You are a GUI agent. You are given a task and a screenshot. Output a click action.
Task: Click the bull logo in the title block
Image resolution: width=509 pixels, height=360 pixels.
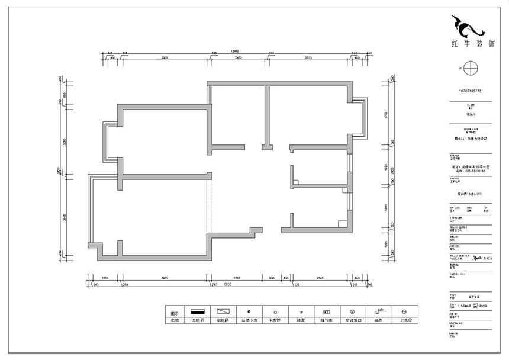468,27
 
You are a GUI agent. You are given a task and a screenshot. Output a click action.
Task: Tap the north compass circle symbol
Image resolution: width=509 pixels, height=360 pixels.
469,67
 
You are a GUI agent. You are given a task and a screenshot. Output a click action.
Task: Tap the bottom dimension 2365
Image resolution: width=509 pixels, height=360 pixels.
236,278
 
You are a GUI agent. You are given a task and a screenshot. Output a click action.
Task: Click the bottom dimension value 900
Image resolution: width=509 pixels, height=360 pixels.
272,278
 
